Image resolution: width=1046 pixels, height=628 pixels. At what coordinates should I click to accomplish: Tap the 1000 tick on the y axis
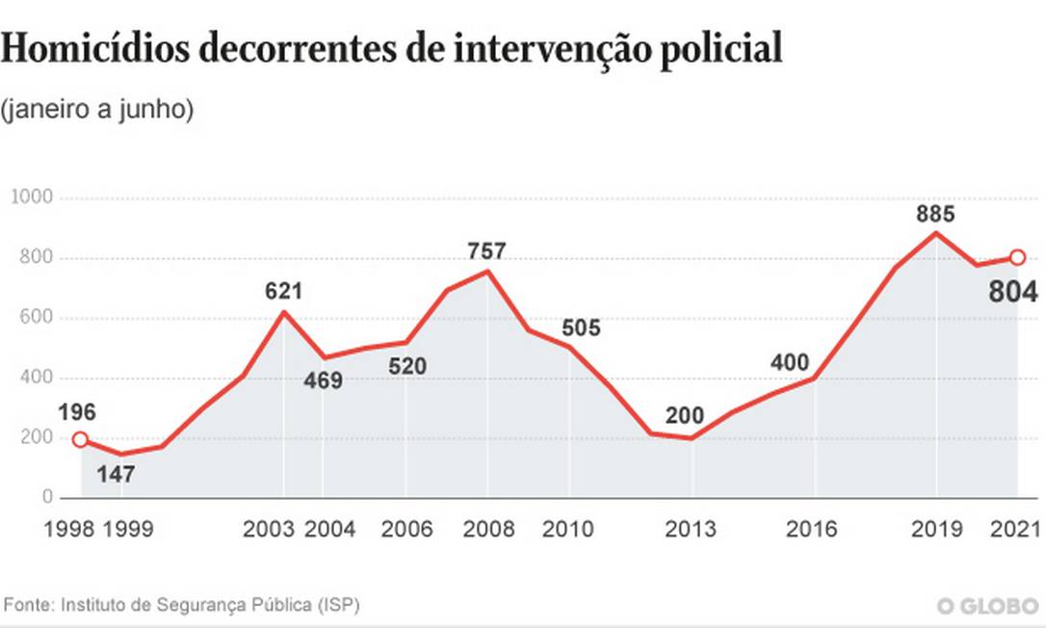31,197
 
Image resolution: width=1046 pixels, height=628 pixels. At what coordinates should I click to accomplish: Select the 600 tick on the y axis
37,318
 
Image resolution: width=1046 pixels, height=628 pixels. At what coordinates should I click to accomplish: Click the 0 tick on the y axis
46,498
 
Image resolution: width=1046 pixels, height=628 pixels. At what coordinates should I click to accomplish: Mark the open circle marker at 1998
80,439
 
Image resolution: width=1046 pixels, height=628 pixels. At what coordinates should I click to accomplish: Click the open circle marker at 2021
1018,257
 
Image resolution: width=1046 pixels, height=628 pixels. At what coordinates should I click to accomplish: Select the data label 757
486,251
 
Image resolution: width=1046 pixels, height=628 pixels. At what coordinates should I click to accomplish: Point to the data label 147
115,474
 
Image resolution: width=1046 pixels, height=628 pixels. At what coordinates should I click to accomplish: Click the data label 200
686,416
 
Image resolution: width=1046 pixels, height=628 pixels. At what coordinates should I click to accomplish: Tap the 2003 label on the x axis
269,529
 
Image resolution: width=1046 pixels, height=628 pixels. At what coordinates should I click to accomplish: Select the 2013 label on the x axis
691,529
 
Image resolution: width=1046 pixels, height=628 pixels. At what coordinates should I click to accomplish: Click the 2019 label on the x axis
936,529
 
